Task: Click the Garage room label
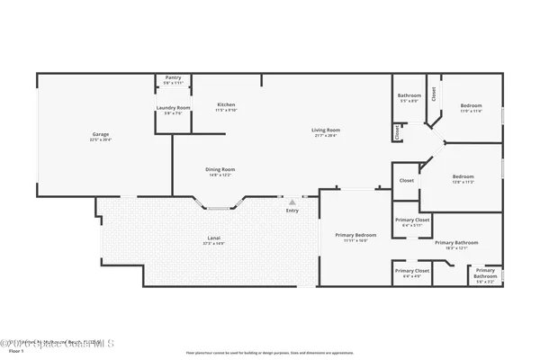[99, 135]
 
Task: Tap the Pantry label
[173, 77]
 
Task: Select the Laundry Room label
[173, 108]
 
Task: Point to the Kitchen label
[226, 105]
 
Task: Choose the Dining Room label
[221, 169]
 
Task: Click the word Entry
[292, 211]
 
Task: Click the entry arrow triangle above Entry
[292, 202]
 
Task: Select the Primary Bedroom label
[356, 235]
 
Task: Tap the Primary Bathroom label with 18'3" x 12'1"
[456, 242]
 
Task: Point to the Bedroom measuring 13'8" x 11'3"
[463, 176]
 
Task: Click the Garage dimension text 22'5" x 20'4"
[99, 140]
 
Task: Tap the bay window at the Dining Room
[219, 208]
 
